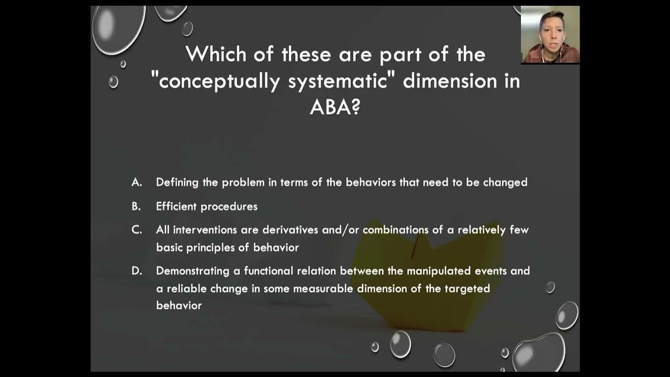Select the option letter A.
pyautogui.click(x=137, y=182)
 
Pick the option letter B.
pyautogui.click(x=136, y=206)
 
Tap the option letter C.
pyautogui.click(x=137, y=230)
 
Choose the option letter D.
pyautogui.click(x=137, y=271)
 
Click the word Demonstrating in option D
pyautogui.click(x=193, y=271)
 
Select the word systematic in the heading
pyautogui.click(x=340, y=82)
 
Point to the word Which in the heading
pyautogui.click(x=215, y=54)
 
